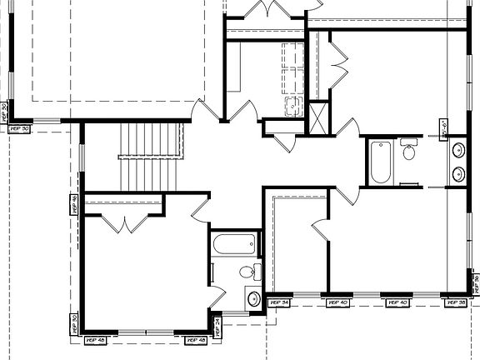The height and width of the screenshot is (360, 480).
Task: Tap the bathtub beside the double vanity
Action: click(x=379, y=163)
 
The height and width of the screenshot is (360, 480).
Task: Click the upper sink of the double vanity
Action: click(x=457, y=151)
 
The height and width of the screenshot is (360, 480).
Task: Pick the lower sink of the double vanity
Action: click(x=457, y=175)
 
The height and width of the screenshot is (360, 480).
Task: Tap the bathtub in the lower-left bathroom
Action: click(x=233, y=246)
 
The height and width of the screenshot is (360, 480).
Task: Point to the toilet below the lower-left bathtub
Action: click(x=246, y=272)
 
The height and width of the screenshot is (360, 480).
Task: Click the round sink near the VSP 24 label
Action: click(x=253, y=298)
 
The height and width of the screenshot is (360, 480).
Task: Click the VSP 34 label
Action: click(x=279, y=302)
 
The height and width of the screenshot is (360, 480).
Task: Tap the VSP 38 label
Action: click(x=457, y=302)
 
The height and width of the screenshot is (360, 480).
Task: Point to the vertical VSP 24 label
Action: click(x=217, y=325)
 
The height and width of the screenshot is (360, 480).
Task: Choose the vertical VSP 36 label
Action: click(x=476, y=285)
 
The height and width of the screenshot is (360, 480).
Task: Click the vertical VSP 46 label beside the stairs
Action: click(x=74, y=204)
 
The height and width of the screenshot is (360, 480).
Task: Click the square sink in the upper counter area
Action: click(x=292, y=105)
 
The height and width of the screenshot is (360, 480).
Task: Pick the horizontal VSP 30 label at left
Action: click(x=18, y=128)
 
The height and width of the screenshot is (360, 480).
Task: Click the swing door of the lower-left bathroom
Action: click(x=217, y=297)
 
